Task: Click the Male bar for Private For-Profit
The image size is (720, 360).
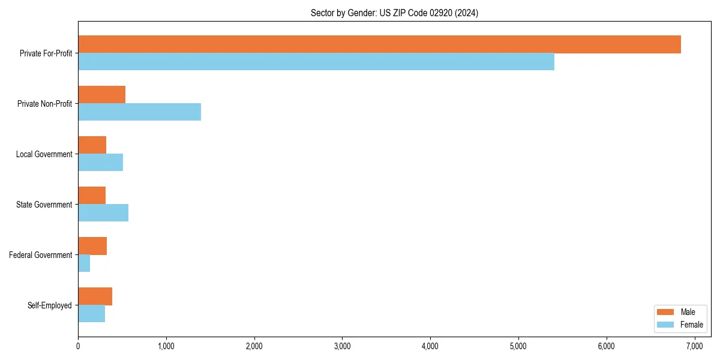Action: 379,44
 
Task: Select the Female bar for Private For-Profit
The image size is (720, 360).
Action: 316,62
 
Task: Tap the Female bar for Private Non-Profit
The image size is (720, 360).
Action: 139,112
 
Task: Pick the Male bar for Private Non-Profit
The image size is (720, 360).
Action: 101,95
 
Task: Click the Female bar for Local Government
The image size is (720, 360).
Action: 100,163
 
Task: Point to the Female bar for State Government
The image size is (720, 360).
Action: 103,213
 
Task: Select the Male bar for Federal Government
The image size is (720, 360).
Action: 92,246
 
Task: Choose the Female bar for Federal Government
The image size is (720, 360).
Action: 84,263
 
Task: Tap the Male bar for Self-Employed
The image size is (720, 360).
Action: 95,296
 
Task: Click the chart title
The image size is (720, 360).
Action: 394,13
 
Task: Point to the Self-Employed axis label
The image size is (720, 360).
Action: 49,305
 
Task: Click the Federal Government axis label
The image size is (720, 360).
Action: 40,255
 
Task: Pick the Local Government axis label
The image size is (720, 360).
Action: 44,154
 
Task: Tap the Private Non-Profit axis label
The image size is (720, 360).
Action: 44,104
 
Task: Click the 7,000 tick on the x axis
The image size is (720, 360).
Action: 694,346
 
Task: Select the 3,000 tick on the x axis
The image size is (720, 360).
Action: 342,346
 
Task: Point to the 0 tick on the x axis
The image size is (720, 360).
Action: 78,346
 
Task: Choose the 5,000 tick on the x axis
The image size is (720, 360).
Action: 518,346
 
